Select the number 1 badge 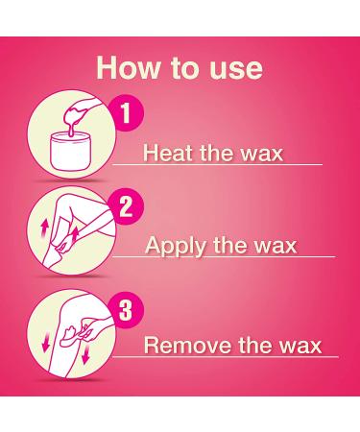126,112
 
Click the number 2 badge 126,206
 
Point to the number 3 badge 126,310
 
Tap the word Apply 176,247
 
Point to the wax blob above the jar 74,116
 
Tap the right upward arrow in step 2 75,235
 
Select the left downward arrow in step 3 47,341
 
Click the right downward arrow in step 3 85,355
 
